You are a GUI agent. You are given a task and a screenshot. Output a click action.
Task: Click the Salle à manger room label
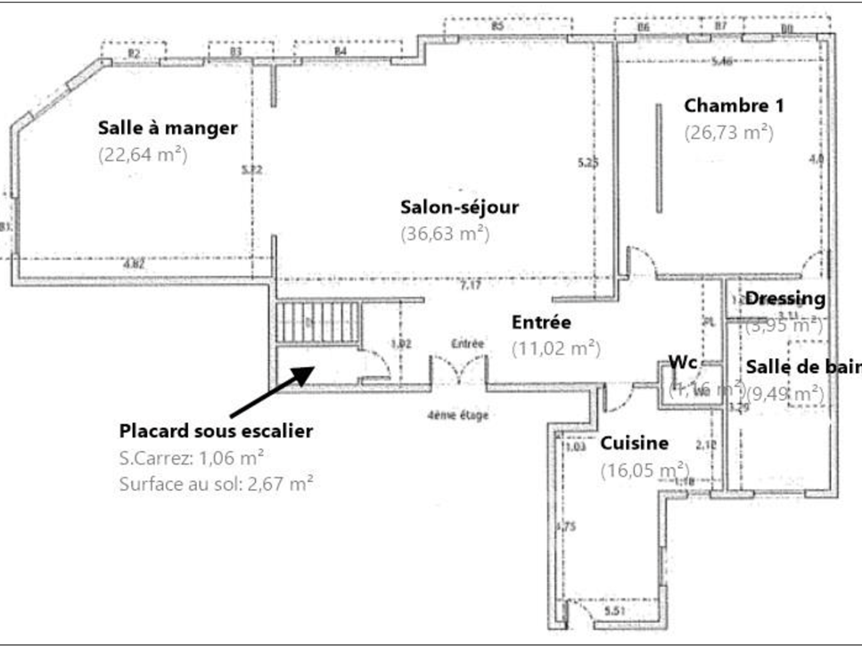[x=168, y=128]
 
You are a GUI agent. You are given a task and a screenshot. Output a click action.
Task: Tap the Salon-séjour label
[x=459, y=208]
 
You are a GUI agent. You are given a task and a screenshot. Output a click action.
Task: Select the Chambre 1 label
[x=734, y=105]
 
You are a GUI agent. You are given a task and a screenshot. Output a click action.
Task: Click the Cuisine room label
[x=634, y=444]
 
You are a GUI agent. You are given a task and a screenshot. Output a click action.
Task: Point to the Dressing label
[x=784, y=298]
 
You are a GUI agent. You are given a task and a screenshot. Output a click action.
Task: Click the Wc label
[x=683, y=363]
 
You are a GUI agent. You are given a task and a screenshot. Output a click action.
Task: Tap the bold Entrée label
[x=541, y=323]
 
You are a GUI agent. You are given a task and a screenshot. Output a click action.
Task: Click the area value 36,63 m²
[x=445, y=233]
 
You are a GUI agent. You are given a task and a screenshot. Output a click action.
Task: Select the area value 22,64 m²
[x=143, y=154]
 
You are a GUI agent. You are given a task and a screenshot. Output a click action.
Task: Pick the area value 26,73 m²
[x=728, y=132]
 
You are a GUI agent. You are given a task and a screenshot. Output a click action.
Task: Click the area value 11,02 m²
[x=555, y=348]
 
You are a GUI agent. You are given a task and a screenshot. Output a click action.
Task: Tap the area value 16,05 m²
[x=644, y=470]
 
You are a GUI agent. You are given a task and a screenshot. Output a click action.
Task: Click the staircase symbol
[x=316, y=322]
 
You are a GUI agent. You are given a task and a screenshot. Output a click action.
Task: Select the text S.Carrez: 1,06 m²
[x=191, y=459]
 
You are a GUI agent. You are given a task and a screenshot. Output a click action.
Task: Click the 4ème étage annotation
[x=458, y=414]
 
